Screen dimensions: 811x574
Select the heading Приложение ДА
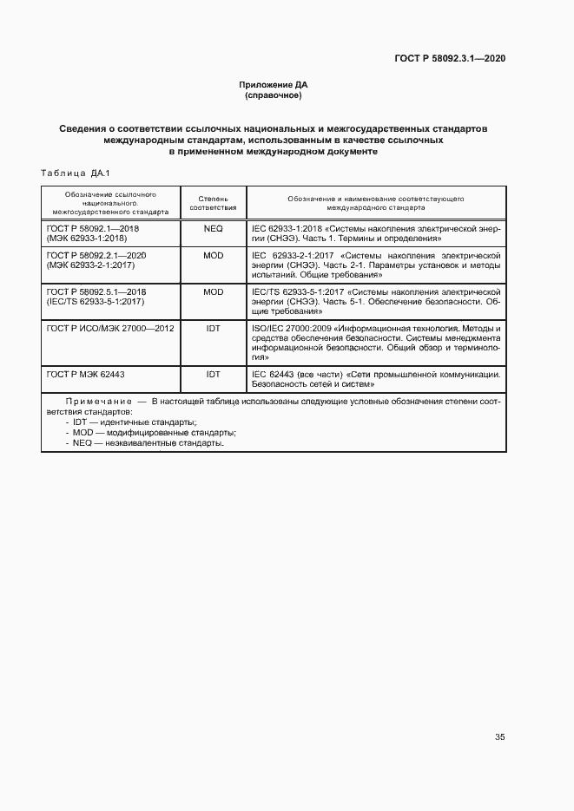click(x=274, y=85)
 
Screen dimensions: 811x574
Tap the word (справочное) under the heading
click(x=274, y=95)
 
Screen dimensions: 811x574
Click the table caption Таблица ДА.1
click(x=72, y=174)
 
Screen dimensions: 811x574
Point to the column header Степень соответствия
click(x=213, y=203)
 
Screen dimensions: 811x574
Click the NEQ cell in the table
click(x=213, y=228)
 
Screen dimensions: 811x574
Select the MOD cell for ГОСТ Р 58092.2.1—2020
click(x=213, y=257)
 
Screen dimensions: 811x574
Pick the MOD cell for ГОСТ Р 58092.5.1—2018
click(x=213, y=292)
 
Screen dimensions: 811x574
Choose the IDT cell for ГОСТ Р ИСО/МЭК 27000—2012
click(x=213, y=329)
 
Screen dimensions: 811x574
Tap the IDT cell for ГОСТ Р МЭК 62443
click(x=213, y=374)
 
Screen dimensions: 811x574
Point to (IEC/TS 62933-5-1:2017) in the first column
click(x=94, y=302)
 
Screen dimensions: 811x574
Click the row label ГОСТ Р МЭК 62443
click(x=84, y=374)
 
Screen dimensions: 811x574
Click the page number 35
click(x=499, y=737)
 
